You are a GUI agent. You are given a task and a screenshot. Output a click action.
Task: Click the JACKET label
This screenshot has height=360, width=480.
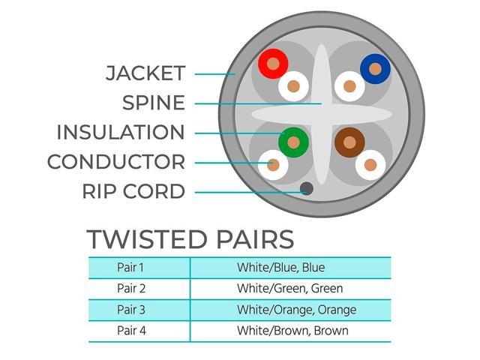point(145,73)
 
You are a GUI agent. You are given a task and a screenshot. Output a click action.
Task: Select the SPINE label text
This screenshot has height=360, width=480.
point(154,103)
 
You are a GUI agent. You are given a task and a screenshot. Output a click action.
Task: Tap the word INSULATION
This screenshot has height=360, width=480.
point(121,132)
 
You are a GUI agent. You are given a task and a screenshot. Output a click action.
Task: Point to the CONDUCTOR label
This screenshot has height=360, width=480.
point(116,162)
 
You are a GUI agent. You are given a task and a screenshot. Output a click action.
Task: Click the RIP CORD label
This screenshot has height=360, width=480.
point(133,191)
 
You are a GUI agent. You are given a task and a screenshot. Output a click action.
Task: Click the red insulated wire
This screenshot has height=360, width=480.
point(273,64)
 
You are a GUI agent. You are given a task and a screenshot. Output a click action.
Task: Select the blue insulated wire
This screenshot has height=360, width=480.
point(375,69)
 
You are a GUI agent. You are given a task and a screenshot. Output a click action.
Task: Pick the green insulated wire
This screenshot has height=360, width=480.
point(293,142)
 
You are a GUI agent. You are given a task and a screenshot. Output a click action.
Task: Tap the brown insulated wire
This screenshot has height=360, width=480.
point(349,142)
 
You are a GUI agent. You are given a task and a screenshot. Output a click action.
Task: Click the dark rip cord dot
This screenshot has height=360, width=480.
point(307,188)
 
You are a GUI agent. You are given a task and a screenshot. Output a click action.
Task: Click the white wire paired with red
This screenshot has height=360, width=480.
point(293,86)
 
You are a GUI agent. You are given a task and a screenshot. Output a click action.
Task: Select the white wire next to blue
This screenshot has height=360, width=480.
point(349,86)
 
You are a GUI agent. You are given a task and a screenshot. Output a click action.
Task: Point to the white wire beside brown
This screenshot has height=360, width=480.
point(370,165)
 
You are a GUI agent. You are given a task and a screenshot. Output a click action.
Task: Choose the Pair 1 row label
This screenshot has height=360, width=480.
point(130,268)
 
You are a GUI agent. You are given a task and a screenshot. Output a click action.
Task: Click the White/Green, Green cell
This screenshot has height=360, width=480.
point(290,288)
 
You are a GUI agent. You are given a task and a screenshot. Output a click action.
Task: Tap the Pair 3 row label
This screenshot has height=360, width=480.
point(131,310)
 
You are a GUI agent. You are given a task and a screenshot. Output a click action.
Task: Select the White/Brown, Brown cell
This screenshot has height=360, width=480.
point(292,331)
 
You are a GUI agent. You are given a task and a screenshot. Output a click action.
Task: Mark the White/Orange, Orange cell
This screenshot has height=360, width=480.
point(297,310)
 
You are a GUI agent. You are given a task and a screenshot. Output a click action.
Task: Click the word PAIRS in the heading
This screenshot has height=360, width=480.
point(255,239)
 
